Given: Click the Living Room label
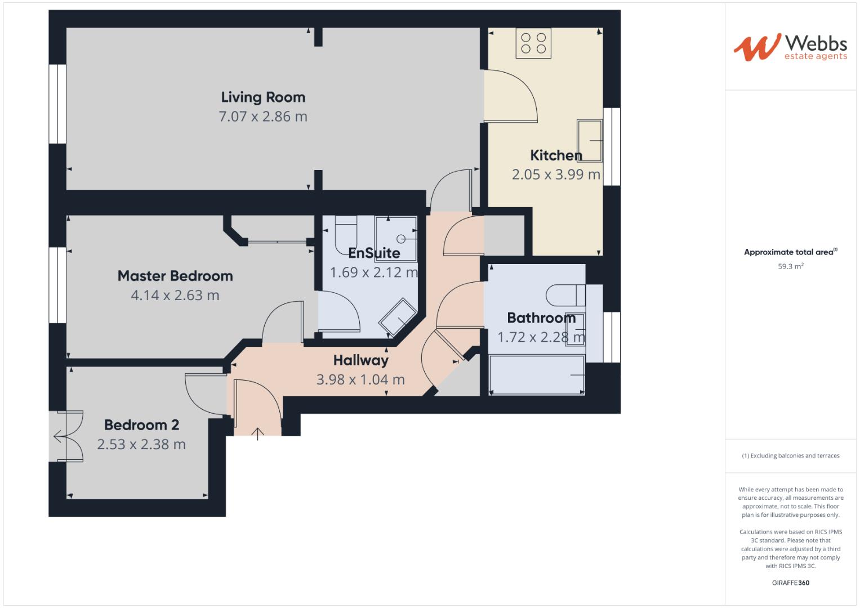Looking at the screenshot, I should [263, 97].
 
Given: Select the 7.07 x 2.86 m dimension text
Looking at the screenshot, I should [263, 117].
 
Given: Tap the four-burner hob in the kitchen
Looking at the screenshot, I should [533, 43].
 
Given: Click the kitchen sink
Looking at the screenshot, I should [589, 140].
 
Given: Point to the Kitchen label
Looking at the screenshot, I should [556, 155].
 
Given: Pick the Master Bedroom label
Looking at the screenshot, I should [175, 276].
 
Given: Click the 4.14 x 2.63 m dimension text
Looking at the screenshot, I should [175, 295].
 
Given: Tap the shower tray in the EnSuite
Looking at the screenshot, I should [396, 239].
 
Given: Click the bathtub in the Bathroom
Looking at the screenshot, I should [537, 375].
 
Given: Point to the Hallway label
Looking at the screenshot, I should [360, 360].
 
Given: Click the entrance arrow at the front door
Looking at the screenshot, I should [258, 433].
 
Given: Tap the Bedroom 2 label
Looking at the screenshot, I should [141, 425].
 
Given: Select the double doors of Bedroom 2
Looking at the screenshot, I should [69, 436].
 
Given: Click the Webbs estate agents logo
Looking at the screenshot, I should [790, 47].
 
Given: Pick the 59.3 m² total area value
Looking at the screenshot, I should [790, 266].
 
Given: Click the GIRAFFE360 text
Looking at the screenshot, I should [790, 583].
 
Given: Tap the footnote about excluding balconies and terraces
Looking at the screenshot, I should [790, 456].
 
